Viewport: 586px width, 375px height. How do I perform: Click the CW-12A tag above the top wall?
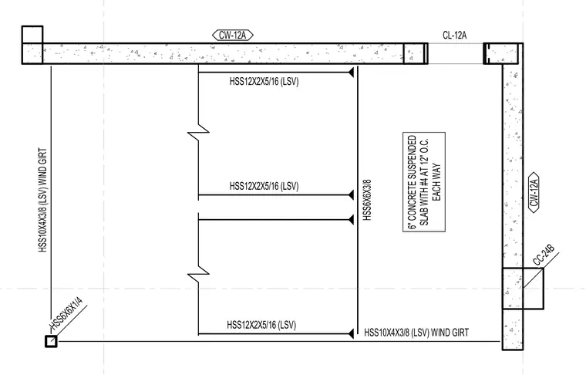click(x=232, y=35)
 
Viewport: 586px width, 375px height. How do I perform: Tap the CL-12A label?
click(x=454, y=35)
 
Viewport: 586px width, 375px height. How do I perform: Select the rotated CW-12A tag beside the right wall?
click(x=534, y=193)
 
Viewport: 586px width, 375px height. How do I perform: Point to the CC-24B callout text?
click(x=544, y=255)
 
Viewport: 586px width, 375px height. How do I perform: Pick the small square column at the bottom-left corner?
click(x=51, y=341)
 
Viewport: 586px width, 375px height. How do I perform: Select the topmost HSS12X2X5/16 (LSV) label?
click(x=264, y=81)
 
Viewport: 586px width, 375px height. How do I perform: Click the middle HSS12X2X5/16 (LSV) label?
click(x=264, y=186)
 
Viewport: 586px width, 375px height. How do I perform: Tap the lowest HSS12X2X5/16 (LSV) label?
click(x=261, y=325)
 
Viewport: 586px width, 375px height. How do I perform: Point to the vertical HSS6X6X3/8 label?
click(x=367, y=200)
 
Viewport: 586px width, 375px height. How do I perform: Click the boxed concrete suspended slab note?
click(x=424, y=181)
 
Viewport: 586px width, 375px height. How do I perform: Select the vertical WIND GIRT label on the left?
click(x=43, y=200)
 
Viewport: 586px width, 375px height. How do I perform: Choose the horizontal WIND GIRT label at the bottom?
click(x=416, y=333)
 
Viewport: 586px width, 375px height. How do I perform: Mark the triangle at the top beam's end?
click(x=352, y=73)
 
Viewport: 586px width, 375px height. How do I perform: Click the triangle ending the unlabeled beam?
click(x=352, y=219)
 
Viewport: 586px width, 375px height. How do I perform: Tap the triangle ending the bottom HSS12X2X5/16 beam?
click(x=352, y=333)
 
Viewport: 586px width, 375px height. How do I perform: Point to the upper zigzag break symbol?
click(x=198, y=132)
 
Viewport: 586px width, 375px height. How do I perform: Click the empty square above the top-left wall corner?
click(x=32, y=35)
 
